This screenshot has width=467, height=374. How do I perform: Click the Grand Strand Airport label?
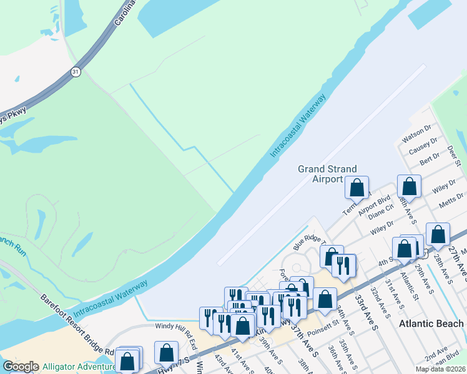(x=327, y=174)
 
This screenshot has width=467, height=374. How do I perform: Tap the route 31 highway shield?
(x=76, y=72)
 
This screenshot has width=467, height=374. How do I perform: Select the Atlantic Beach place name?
(x=431, y=324)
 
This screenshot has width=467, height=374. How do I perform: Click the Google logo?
(x=21, y=367)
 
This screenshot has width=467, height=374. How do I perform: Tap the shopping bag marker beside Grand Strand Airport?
(x=357, y=187)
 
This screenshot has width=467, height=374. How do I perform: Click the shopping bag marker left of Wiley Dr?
(x=409, y=186)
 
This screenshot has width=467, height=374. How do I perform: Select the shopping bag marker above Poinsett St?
(x=325, y=299)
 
